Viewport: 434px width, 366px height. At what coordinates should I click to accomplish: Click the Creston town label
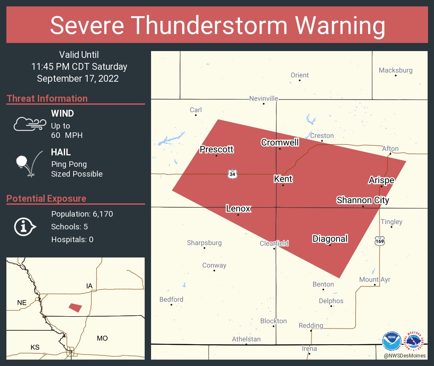pyautogui.click(x=322, y=136)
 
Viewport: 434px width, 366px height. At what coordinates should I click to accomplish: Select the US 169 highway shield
pyautogui.click(x=380, y=241)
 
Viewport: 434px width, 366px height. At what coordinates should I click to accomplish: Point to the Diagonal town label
pyautogui.click(x=330, y=239)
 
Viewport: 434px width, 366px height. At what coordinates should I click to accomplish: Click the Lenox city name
pyautogui.click(x=238, y=209)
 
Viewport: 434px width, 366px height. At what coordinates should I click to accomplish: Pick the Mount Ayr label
pyautogui.click(x=374, y=280)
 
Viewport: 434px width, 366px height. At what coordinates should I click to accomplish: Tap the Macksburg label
pyautogui.click(x=395, y=70)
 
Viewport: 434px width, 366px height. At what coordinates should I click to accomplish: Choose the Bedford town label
pyautogui.click(x=171, y=299)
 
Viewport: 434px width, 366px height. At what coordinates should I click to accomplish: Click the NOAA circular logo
pyautogui.click(x=391, y=341)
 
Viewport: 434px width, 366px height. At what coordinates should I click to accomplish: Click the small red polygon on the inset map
pyautogui.click(x=75, y=307)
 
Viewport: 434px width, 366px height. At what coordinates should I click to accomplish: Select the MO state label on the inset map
pyautogui.click(x=102, y=338)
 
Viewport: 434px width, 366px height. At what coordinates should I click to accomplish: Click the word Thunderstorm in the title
pyautogui.click(x=217, y=26)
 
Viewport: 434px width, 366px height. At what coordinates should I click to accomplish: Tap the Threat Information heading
pyautogui.click(x=47, y=98)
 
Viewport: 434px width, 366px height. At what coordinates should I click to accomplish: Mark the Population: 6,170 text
pyautogui.click(x=82, y=214)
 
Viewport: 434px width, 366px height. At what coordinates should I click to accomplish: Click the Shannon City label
pyautogui.click(x=363, y=200)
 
